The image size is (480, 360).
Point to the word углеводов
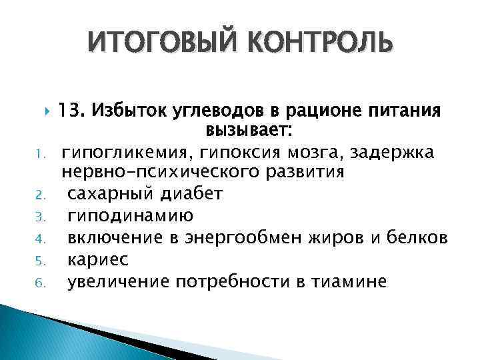196,109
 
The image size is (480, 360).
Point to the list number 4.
41,238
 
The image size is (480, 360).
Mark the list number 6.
41,281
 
